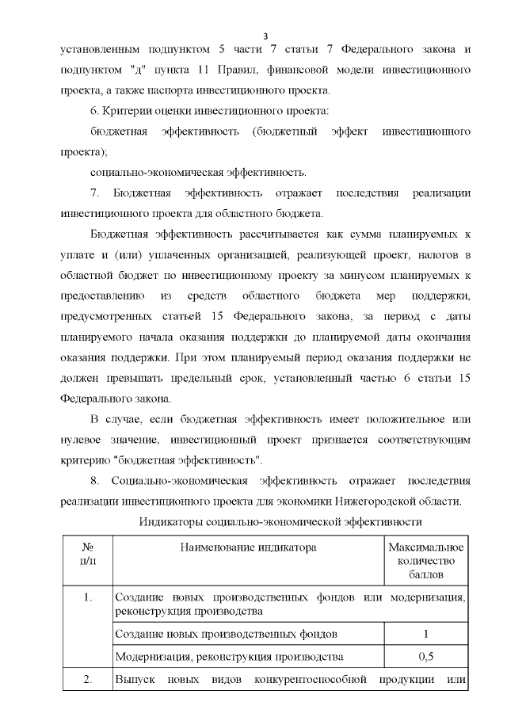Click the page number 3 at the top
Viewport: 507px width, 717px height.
[265, 36]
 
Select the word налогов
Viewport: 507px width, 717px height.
[448, 255]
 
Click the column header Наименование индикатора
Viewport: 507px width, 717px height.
[248, 548]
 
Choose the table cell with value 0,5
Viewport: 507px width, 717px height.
[426, 657]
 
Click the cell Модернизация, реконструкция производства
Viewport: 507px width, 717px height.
[229, 657]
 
